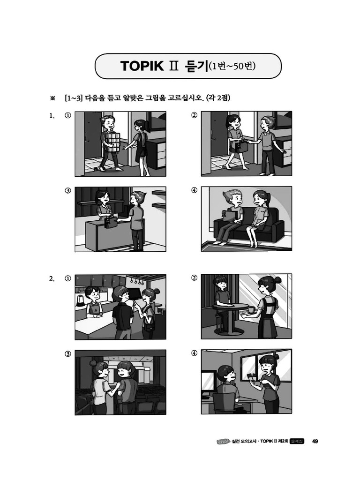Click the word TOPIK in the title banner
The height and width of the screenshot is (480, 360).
click(x=140, y=66)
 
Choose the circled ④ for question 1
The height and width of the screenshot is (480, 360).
click(x=195, y=190)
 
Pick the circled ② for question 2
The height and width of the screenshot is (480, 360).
click(x=195, y=278)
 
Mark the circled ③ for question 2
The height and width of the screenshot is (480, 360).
click(x=68, y=353)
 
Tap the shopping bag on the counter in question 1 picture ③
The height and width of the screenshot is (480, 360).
click(x=111, y=221)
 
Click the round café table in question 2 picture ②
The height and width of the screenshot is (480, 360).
click(x=230, y=307)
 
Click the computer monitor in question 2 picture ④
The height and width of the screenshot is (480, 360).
click(x=209, y=379)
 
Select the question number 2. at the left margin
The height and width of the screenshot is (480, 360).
click(x=52, y=278)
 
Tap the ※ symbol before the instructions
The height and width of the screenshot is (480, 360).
click(x=52, y=98)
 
